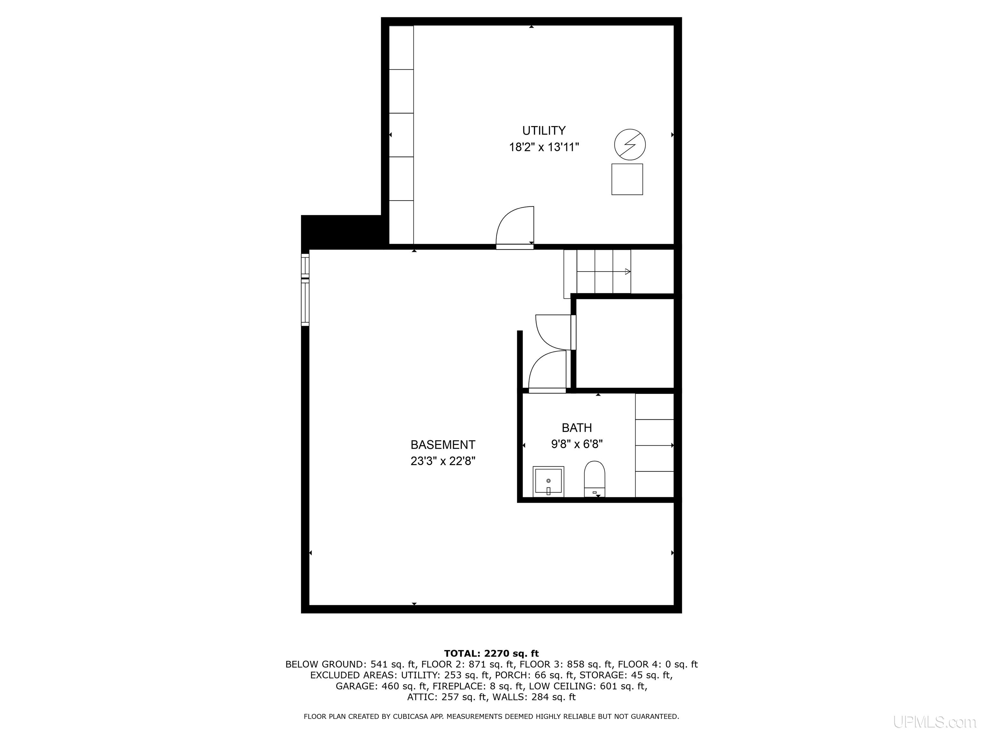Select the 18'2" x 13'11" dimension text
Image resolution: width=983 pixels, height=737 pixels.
click(x=544, y=147)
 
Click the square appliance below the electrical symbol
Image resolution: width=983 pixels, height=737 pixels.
click(x=627, y=179)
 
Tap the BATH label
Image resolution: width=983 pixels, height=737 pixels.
click(x=577, y=428)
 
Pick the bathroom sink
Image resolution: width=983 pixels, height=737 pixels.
click(x=548, y=481)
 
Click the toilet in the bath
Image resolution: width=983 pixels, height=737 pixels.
click(x=595, y=479)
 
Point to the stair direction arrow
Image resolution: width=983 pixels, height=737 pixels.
click(x=604, y=272)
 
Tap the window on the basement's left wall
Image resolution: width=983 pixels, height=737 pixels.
click(x=305, y=289)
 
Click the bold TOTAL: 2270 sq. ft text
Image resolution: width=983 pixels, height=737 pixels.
click(x=491, y=653)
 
